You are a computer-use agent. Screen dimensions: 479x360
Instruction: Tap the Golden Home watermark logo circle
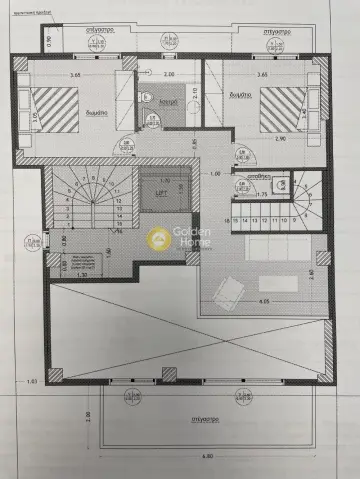point(157,238)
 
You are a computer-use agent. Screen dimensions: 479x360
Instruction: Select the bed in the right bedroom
point(281,110)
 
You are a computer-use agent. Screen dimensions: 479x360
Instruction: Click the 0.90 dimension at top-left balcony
point(46,43)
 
